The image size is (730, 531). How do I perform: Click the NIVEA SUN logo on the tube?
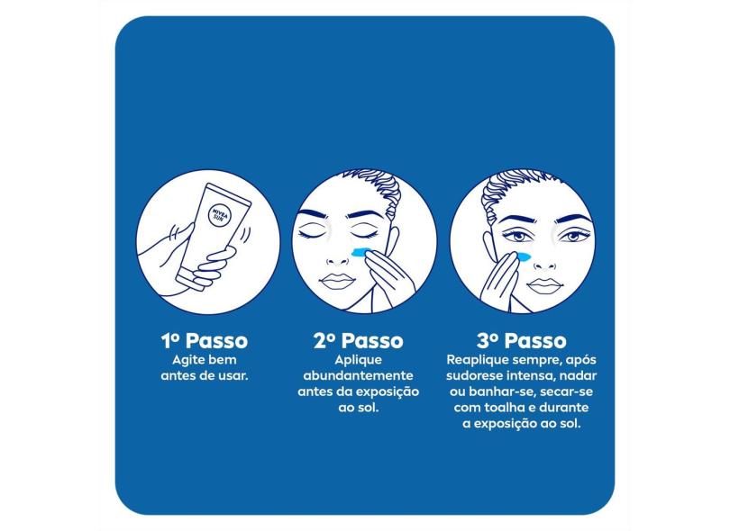point(220,215)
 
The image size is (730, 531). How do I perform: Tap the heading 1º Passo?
point(205,341)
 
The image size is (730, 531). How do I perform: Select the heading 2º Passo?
point(358,341)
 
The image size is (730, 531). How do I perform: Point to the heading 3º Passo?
point(522,341)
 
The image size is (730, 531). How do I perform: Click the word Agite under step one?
point(187,360)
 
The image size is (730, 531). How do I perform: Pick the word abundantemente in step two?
point(358,375)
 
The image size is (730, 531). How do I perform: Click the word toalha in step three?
point(503,408)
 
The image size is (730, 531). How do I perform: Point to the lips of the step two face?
point(338,281)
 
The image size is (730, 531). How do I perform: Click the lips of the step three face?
point(544,284)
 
